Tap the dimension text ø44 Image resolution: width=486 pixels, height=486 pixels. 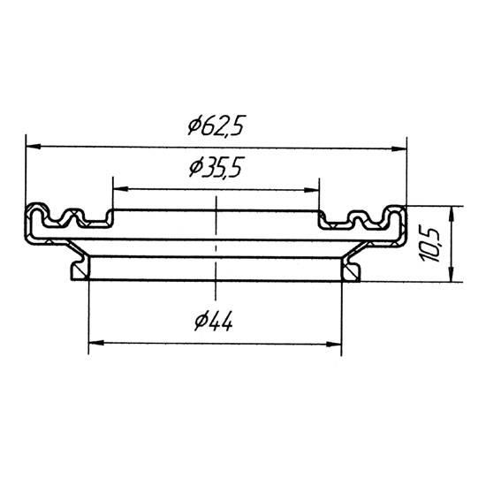(214, 322)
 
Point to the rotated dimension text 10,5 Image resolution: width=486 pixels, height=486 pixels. (429, 244)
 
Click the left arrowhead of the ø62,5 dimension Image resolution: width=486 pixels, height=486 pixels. (34, 146)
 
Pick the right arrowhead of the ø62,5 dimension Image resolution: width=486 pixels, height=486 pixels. (399, 148)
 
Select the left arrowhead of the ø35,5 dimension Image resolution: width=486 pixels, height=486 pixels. (120, 189)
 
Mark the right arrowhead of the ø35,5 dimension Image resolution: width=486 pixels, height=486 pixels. (312, 190)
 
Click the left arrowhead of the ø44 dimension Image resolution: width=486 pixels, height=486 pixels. (96, 343)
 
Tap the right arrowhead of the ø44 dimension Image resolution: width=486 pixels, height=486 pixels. (334, 344)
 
